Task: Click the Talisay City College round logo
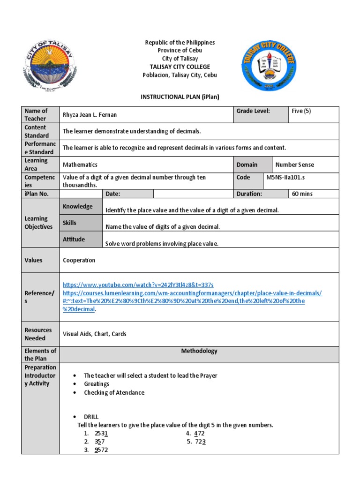point(269,65)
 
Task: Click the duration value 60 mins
point(302,194)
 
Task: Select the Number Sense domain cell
point(294,165)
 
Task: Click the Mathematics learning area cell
point(80,165)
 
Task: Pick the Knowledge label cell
point(78,206)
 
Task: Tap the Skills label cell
point(70,223)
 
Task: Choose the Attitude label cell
point(74,239)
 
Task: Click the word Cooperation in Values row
point(79,260)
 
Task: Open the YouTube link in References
point(138,285)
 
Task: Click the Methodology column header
point(199,351)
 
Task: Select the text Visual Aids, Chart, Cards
point(95,334)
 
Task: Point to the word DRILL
point(91,417)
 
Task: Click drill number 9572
point(101,450)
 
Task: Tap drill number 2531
point(101,433)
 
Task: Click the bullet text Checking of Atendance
point(114,392)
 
